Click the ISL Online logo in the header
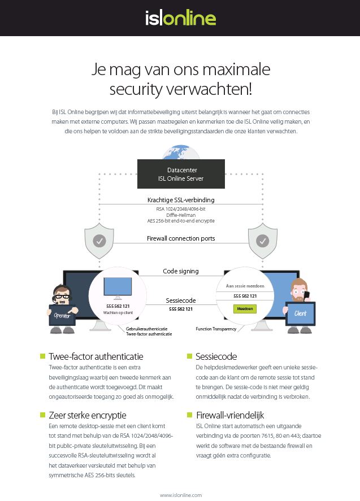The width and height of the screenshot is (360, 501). [x=181, y=18]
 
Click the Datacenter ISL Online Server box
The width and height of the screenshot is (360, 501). [x=181, y=174]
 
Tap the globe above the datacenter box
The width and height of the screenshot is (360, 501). [x=181, y=153]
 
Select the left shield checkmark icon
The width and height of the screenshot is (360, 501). [x=99, y=241]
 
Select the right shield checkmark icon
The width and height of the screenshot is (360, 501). [x=262, y=241]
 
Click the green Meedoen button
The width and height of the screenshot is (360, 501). [x=245, y=308]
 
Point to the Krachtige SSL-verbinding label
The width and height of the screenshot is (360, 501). [x=181, y=200]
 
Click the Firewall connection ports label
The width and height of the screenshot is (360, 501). [x=181, y=238]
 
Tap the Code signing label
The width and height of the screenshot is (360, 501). [x=181, y=271]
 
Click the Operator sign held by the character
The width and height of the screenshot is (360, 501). [x=62, y=315]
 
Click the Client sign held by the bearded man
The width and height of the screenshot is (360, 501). [x=300, y=313]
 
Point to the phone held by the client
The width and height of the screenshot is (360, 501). [x=307, y=295]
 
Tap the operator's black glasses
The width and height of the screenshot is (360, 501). [x=62, y=296]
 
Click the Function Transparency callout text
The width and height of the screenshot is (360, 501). [x=216, y=329]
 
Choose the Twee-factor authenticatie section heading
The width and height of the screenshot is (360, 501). [x=96, y=356]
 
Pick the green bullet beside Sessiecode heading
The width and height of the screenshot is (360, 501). [x=189, y=356]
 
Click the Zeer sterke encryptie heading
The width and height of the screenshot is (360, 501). [x=87, y=415]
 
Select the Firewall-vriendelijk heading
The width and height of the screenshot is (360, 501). [x=230, y=415]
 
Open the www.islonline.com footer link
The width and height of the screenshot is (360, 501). [x=181, y=495]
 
